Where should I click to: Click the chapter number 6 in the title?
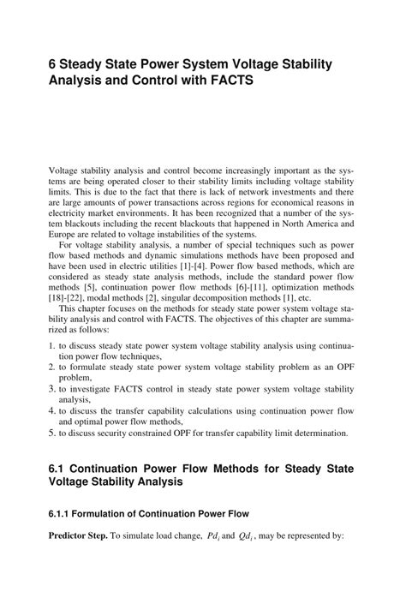click(x=53, y=65)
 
